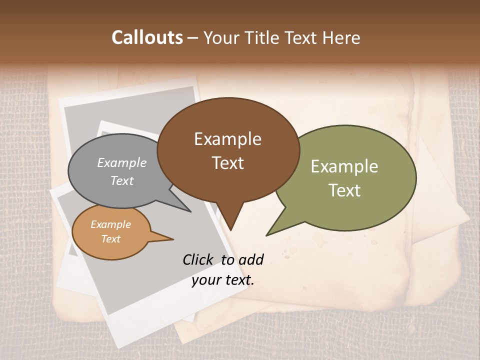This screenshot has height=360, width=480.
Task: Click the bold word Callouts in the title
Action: tap(147, 37)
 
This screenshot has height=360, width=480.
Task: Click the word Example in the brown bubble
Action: tap(227, 139)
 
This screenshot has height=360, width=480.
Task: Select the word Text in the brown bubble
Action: tap(227, 163)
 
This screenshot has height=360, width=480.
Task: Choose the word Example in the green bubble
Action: tap(344, 166)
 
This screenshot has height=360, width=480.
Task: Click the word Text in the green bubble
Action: tap(344, 190)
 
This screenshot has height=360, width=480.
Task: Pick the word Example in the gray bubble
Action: tap(122, 163)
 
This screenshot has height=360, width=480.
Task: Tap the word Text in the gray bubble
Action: tap(122, 181)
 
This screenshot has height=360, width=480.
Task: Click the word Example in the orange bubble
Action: tap(110, 224)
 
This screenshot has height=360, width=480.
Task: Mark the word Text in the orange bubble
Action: tap(110, 239)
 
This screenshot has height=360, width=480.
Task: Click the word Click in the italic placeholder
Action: tap(198, 259)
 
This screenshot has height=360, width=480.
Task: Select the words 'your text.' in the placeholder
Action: tap(223, 280)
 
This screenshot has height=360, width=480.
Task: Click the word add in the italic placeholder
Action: tap(251, 259)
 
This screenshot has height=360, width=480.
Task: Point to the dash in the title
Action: tap(193, 38)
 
